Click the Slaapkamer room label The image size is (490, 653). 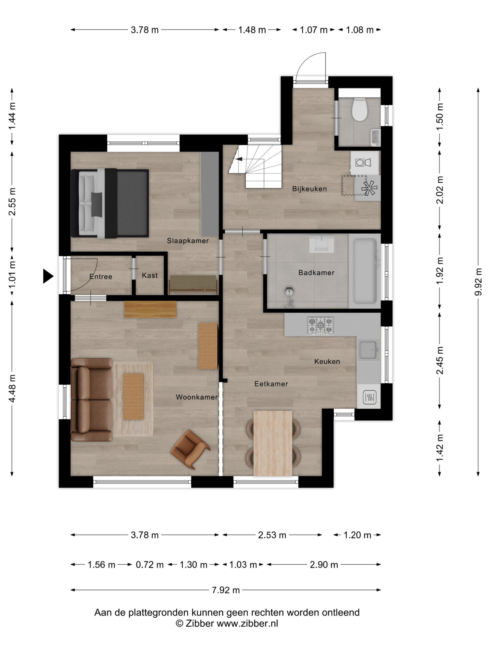click(x=188, y=241)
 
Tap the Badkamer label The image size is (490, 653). click(x=316, y=272)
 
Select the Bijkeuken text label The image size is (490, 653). click(x=309, y=189)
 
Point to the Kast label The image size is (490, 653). click(x=150, y=275)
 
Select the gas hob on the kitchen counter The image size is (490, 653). click(x=321, y=326)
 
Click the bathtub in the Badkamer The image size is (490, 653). click(x=365, y=271)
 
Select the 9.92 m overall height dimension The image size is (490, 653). click(x=478, y=282)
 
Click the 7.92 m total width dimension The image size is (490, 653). click(x=226, y=590)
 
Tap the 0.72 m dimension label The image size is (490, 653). click(x=150, y=564)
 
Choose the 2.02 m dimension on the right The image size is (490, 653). click(x=439, y=190)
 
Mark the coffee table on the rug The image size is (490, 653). click(x=133, y=396)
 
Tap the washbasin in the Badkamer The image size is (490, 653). click(x=322, y=244)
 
